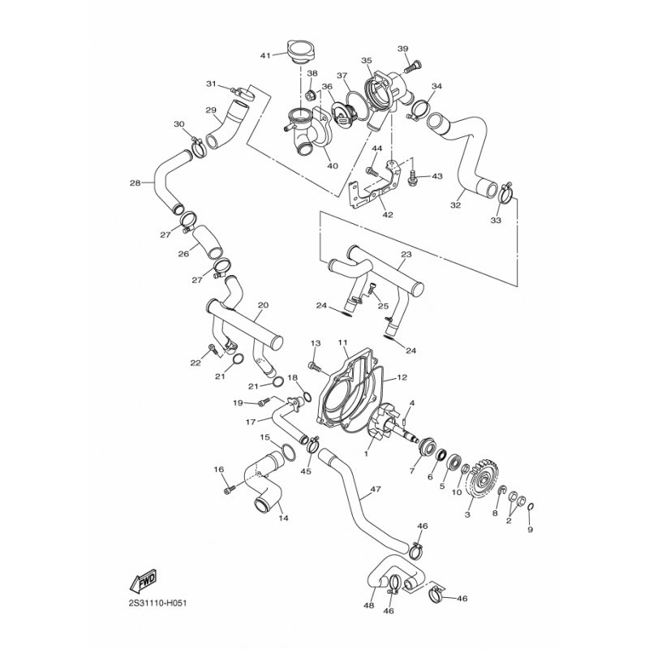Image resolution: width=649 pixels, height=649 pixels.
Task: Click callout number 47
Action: (374, 489)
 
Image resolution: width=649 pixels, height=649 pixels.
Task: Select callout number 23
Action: (406, 254)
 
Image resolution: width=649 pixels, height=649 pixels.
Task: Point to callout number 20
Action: (262, 306)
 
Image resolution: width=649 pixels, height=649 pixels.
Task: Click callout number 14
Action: (282, 516)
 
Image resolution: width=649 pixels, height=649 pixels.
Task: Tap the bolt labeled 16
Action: (228, 487)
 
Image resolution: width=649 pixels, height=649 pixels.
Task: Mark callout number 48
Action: (369, 605)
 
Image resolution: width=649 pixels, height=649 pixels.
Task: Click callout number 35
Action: (367, 60)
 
